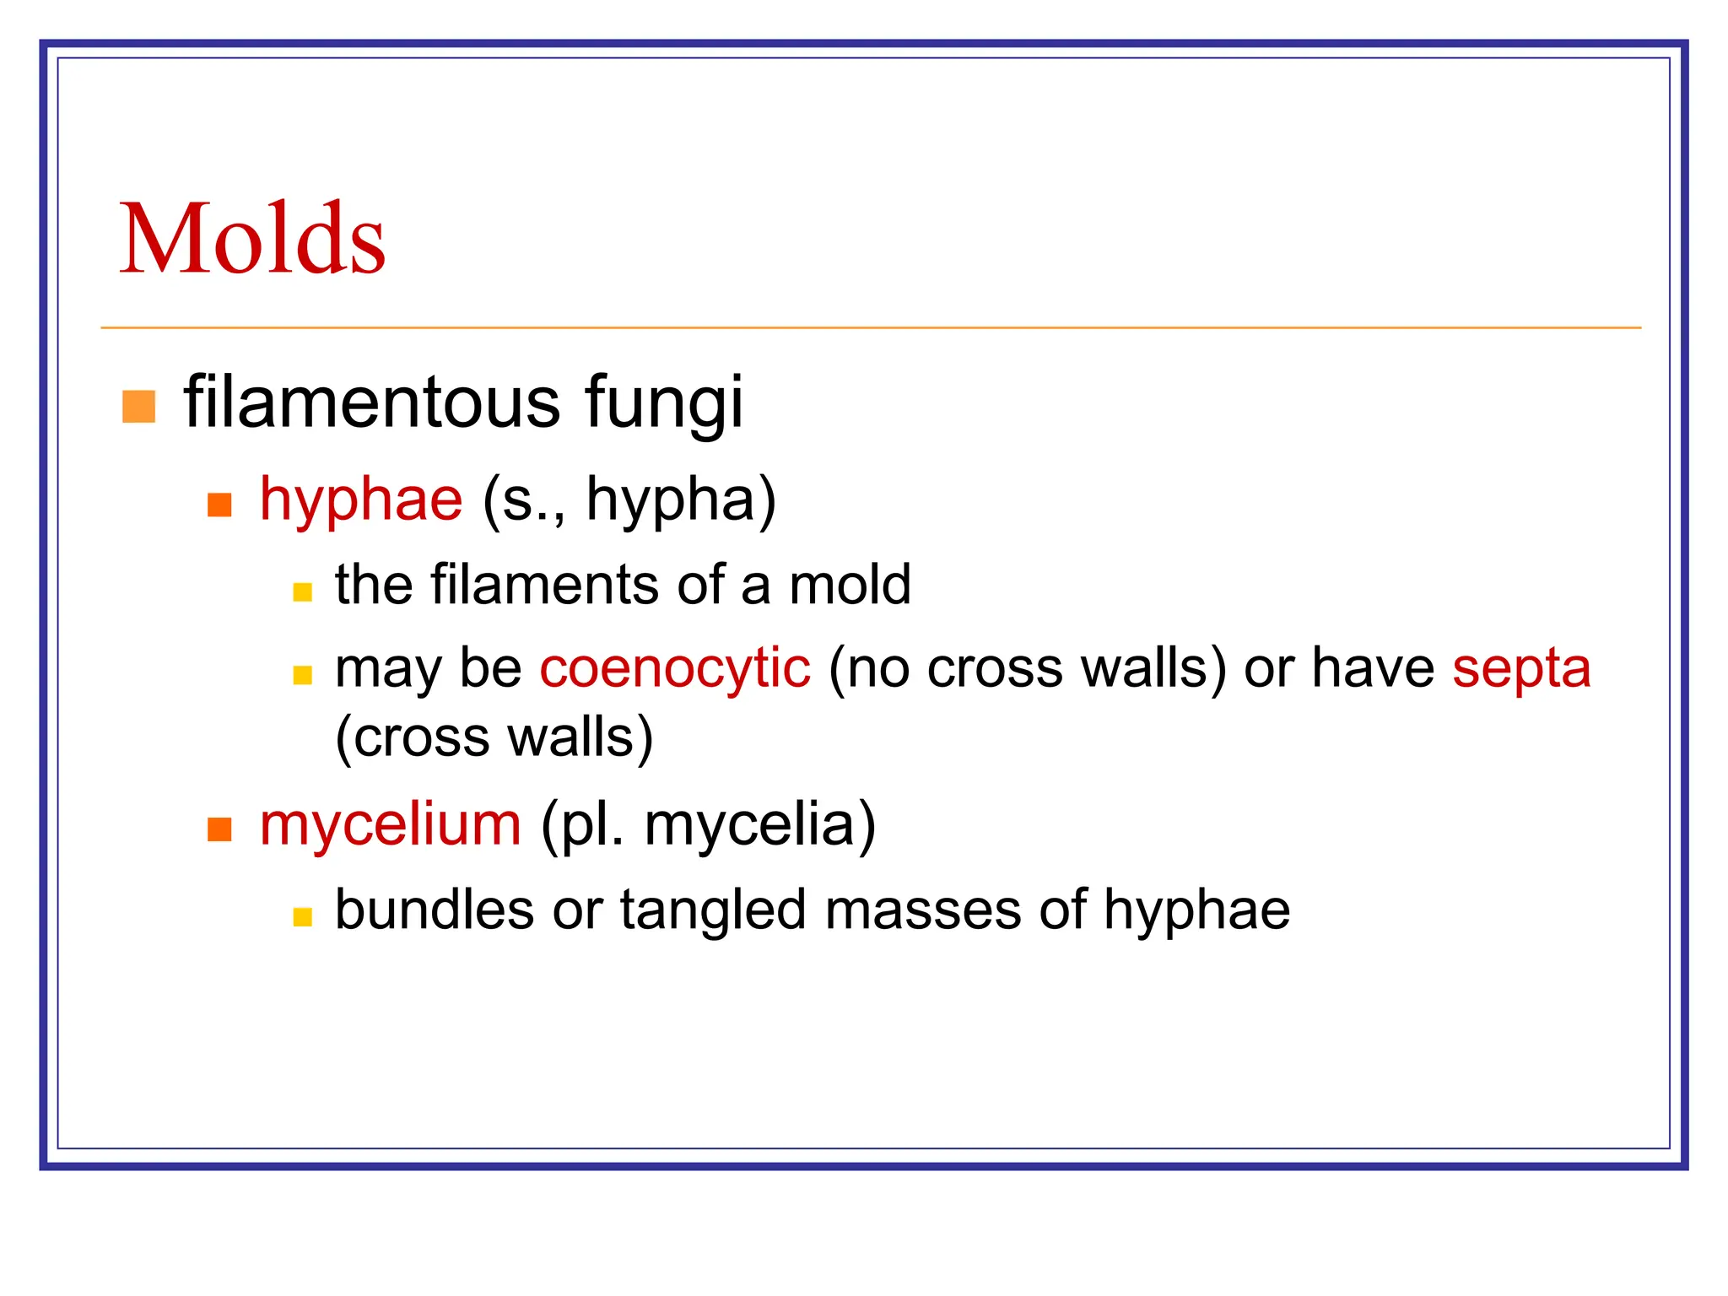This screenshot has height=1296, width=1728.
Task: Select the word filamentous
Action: coord(372,402)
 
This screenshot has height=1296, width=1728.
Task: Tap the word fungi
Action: coord(664,403)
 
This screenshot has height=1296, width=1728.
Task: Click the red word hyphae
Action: coord(361,499)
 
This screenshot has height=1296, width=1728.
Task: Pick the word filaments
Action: coord(545,584)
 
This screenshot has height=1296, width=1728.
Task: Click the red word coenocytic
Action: coord(675,668)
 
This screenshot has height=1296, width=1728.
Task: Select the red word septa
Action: coord(1521,668)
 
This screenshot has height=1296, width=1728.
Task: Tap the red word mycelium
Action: coord(391,824)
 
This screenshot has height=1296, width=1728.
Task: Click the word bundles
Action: coord(435,910)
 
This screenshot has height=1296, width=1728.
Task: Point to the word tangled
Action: coord(713,911)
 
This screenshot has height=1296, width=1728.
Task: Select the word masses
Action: coord(923,910)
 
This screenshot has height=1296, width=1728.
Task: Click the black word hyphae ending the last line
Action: coord(1196,911)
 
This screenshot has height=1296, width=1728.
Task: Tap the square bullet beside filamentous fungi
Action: coord(139,406)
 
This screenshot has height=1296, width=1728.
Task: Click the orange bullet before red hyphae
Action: coord(219,505)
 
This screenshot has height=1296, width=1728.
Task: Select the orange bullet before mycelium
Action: coord(219,829)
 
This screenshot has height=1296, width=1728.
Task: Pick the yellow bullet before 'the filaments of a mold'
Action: coord(302,591)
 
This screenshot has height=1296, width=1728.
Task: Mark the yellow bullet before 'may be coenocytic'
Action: coord(302,675)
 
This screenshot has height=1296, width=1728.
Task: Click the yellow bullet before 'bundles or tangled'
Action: coord(302,917)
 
